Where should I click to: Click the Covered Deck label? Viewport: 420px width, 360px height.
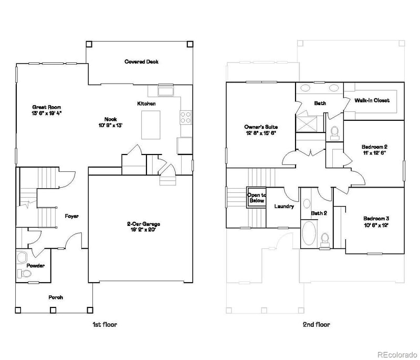click(x=141, y=62)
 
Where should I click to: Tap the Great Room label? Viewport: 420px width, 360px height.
click(x=43, y=107)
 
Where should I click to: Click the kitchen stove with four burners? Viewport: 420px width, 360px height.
click(x=186, y=117)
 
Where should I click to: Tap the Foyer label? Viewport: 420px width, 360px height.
click(x=71, y=216)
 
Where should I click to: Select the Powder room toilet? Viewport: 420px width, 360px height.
click(x=22, y=257)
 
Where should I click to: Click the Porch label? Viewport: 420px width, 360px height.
click(x=56, y=297)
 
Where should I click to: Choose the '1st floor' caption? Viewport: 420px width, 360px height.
click(x=101, y=325)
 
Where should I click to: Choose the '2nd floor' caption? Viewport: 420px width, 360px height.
click(x=316, y=325)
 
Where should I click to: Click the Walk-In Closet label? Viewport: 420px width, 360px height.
click(x=372, y=100)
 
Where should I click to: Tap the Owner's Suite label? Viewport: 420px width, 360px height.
click(x=260, y=127)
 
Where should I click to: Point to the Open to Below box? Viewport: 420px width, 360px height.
click(x=257, y=198)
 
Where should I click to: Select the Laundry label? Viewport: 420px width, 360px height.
click(x=283, y=207)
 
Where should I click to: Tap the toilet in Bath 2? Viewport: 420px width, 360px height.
click(x=325, y=239)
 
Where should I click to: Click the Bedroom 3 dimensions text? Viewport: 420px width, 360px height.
click(x=375, y=225)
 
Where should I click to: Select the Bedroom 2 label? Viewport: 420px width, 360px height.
click(x=374, y=147)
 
